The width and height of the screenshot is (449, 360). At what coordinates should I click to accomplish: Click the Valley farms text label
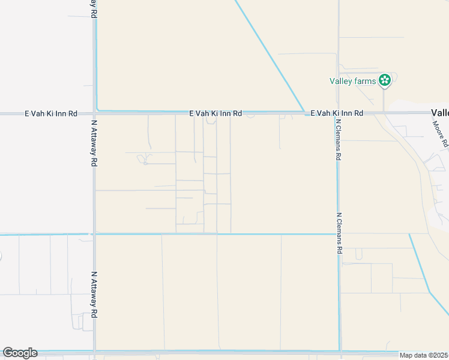(352, 81)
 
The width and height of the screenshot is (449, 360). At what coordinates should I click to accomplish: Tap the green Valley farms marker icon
(384, 80)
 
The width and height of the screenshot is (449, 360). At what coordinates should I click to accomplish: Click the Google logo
(20, 353)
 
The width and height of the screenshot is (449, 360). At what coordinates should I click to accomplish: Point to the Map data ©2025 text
(423, 355)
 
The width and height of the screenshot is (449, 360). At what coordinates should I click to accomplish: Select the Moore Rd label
(441, 134)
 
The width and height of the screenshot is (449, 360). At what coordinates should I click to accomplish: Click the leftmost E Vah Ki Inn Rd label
(51, 113)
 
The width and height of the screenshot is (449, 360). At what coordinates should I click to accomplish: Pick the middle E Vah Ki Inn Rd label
(215, 113)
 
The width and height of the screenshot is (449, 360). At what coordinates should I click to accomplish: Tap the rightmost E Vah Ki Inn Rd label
(337, 113)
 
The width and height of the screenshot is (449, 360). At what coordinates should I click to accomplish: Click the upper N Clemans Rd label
(339, 139)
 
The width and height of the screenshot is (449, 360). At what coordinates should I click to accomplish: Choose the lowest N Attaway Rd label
(94, 294)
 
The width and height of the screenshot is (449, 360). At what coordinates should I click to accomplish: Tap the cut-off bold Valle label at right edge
(439, 113)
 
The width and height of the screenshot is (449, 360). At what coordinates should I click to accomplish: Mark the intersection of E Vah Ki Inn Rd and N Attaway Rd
(94, 113)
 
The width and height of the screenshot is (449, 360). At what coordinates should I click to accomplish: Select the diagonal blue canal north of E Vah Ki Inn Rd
(270, 57)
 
